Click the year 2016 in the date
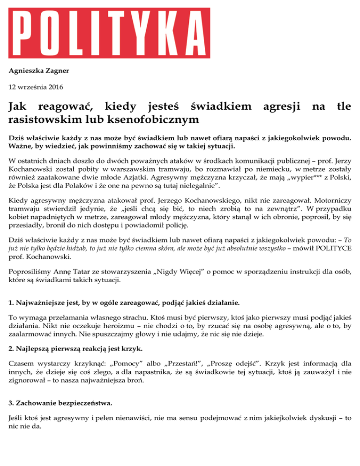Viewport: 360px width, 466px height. tap(54, 87)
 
